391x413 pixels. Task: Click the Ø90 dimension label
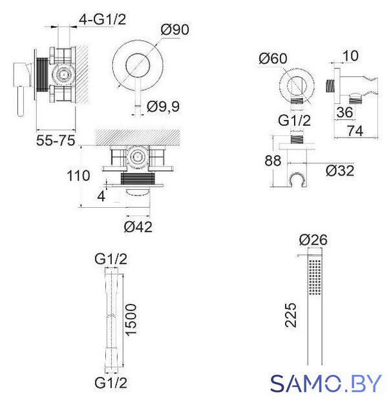(x=175, y=30)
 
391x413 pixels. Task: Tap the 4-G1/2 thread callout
(x=103, y=19)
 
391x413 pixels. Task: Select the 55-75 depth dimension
(x=56, y=140)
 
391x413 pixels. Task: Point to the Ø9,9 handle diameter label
(x=164, y=106)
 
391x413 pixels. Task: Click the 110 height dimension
(x=78, y=176)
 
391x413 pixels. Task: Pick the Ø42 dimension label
(x=138, y=227)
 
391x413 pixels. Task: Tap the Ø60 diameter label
(x=273, y=58)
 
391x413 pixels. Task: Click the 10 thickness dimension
(x=350, y=56)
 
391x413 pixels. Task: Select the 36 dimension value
(x=344, y=112)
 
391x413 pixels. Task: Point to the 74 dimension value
(x=355, y=131)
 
